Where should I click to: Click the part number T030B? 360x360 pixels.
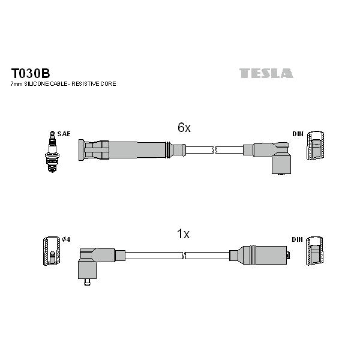(x=31, y=73)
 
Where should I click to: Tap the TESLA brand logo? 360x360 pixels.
(x=266, y=73)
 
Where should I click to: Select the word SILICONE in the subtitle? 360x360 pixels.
(x=37, y=84)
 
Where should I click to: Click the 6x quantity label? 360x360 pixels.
(x=184, y=127)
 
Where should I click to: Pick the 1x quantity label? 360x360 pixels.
(x=183, y=234)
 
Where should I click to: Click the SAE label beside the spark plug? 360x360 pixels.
(x=64, y=134)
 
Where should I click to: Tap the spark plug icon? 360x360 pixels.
(x=52, y=152)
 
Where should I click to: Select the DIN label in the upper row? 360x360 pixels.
(x=298, y=134)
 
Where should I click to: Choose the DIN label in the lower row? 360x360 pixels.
(x=298, y=239)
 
